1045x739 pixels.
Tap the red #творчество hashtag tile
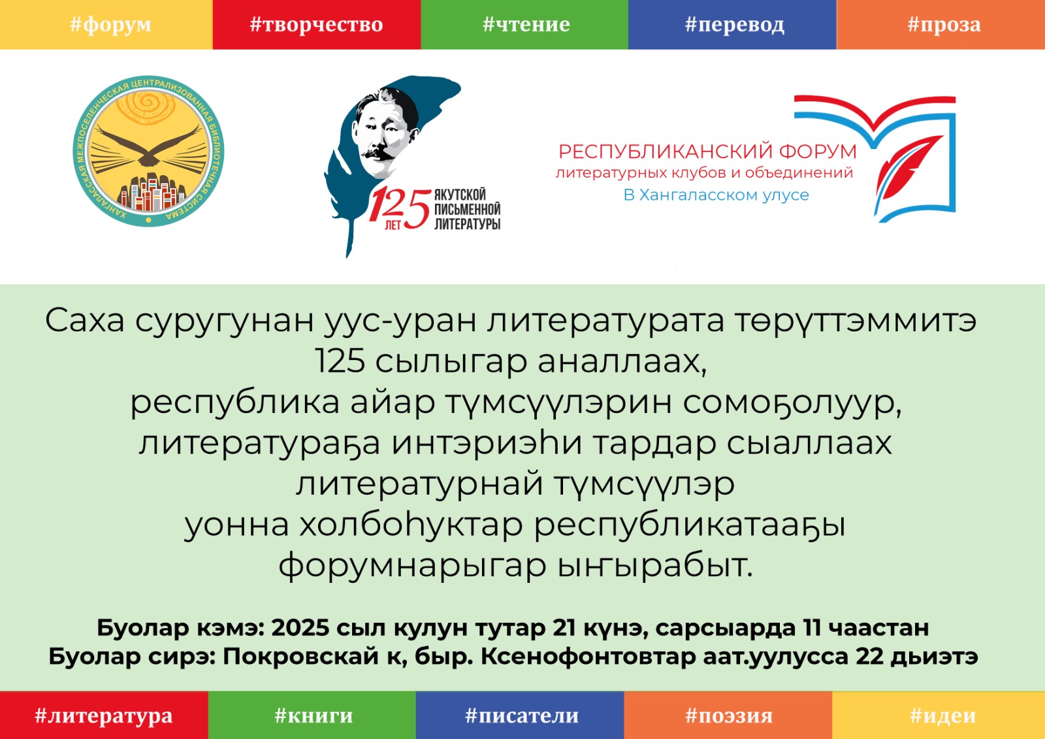[x=317, y=24]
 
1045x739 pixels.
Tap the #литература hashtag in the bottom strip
[x=104, y=715]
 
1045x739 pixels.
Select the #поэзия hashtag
[x=728, y=715]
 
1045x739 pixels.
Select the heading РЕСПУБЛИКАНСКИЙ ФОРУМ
[x=707, y=152]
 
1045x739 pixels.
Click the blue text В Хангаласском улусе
[x=716, y=195]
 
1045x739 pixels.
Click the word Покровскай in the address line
[x=300, y=657]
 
